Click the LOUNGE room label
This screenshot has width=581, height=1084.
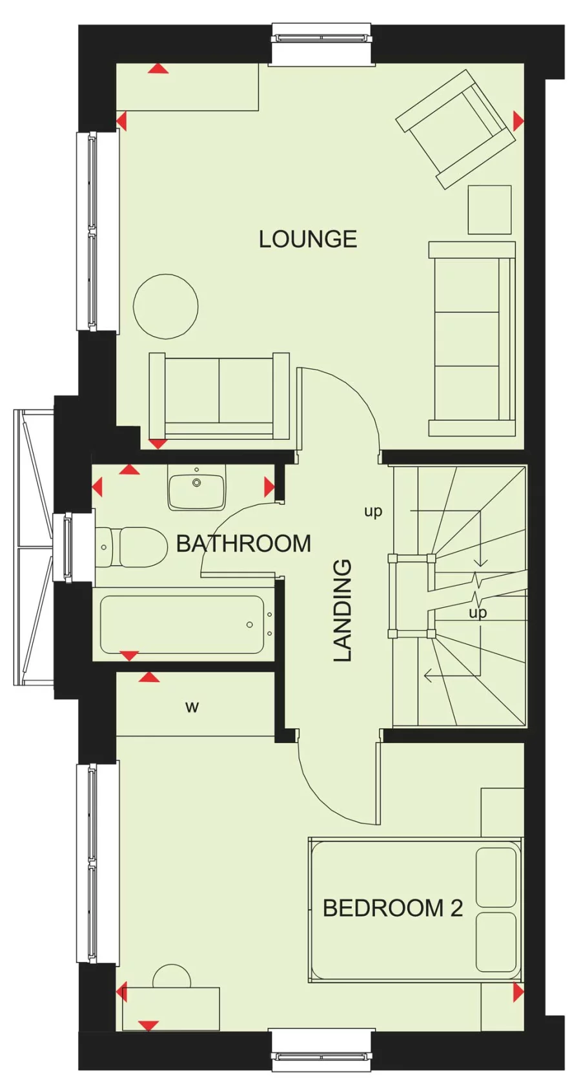click(x=307, y=240)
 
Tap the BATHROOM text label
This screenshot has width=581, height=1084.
click(x=243, y=543)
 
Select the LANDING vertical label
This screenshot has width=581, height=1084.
click(x=343, y=610)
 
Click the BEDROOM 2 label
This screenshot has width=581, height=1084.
click(x=392, y=908)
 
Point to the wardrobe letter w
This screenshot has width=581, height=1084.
click(x=192, y=707)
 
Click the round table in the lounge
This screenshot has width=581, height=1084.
click(x=166, y=306)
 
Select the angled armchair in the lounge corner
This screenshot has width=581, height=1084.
click(x=455, y=129)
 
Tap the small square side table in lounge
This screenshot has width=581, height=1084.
click(x=489, y=209)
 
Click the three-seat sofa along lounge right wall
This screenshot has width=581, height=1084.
click(x=471, y=339)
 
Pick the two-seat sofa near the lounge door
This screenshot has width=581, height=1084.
click(x=219, y=395)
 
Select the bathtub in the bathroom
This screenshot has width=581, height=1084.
click(x=183, y=625)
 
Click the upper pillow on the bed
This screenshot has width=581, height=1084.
click(x=496, y=877)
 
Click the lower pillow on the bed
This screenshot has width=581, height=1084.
click(x=496, y=942)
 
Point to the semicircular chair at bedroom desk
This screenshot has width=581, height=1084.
click(x=172, y=977)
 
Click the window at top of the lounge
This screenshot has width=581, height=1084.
click(x=321, y=44)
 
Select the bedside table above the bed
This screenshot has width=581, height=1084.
click(x=502, y=812)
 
